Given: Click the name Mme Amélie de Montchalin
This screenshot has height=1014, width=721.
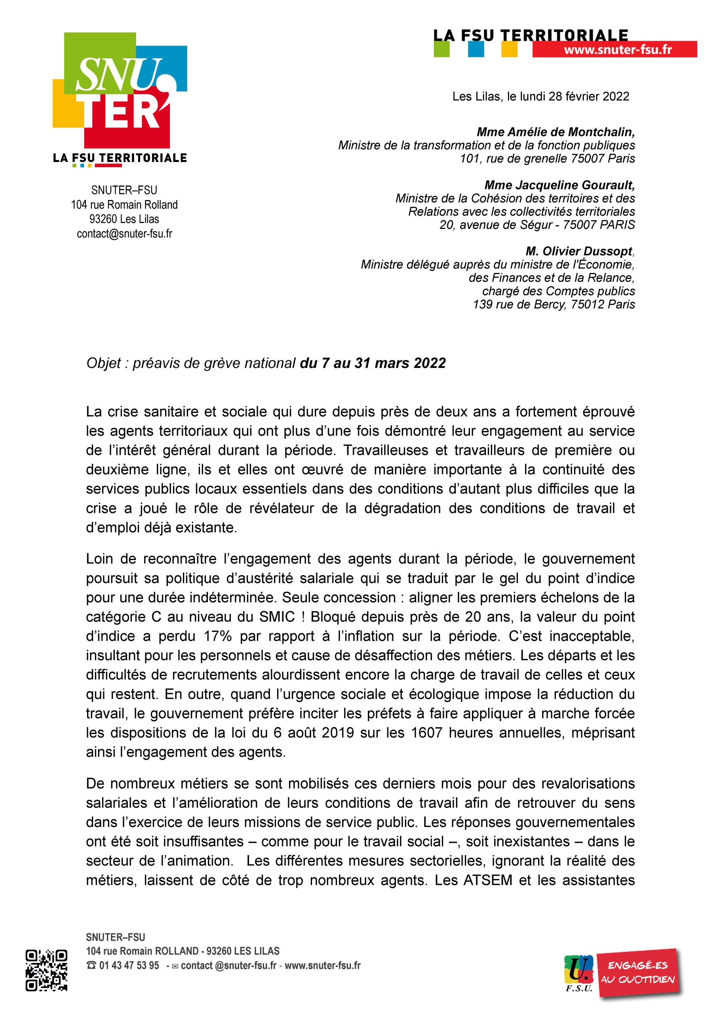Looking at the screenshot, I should pos(555,132).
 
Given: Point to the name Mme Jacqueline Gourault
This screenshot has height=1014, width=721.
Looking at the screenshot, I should pos(559,185).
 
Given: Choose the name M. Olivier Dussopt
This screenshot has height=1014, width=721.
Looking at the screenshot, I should pos(579,252).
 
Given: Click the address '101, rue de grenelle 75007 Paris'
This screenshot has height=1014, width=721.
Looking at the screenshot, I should pos(548,158).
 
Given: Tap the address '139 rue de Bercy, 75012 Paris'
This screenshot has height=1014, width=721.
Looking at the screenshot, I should pos(554,304).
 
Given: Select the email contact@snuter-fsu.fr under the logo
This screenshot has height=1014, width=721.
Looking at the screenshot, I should pos(124,234).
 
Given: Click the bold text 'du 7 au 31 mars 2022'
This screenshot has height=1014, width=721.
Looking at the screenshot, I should pos(373,363).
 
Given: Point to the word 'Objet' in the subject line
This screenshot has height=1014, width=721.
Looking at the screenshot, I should pos(104,363).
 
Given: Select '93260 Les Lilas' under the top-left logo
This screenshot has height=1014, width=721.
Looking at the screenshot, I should pos(124,219).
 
